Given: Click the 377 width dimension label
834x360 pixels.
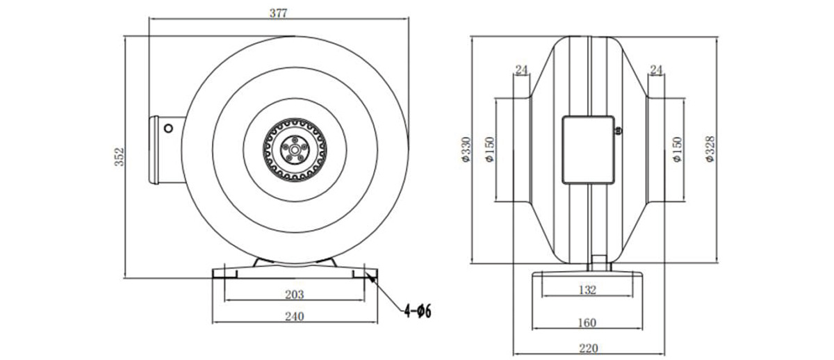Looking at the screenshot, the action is (x=278, y=13).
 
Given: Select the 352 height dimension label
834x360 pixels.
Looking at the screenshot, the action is (x=119, y=157).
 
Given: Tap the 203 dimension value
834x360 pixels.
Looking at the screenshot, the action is (x=295, y=295).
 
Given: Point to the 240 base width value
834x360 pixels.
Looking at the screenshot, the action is (x=295, y=316).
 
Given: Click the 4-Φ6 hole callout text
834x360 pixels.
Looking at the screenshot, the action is (x=418, y=311).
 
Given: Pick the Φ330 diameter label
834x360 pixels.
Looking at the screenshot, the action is (x=466, y=149).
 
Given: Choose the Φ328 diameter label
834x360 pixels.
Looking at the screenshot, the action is (x=710, y=149).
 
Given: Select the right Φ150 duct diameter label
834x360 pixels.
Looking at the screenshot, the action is (x=677, y=149).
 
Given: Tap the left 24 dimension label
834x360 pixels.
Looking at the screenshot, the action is (x=522, y=69).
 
